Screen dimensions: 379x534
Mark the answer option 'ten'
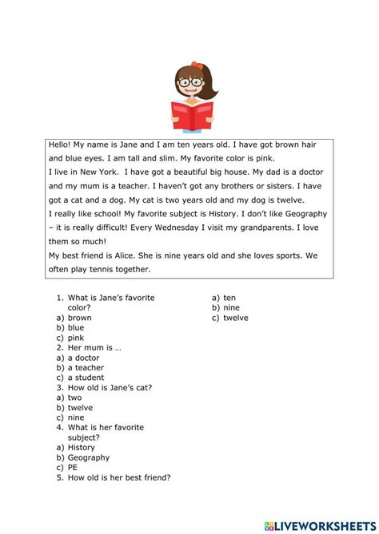[229, 298]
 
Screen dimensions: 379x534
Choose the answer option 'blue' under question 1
[75, 327]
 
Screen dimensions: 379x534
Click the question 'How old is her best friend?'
[119, 478]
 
